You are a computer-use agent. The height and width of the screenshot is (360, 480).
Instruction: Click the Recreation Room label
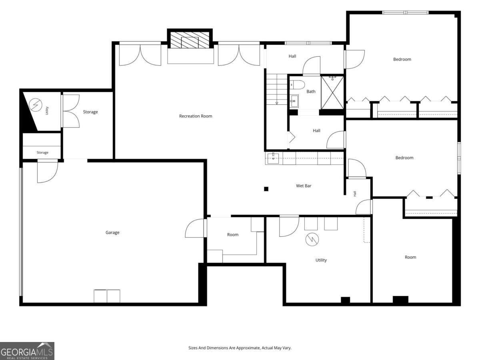(x=196, y=116)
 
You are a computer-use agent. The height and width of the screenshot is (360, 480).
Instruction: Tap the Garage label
(x=112, y=232)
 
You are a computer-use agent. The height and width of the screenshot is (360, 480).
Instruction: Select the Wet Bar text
(x=304, y=186)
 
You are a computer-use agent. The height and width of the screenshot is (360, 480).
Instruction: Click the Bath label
(x=311, y=91)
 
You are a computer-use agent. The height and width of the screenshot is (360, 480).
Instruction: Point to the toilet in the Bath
(x=297, y=84)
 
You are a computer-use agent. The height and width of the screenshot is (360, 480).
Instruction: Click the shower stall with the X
(x=332, y=92)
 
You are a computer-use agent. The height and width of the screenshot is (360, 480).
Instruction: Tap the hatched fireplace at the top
(x=190, y=40)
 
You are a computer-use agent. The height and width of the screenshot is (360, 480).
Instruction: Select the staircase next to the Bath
(x=277, y=89)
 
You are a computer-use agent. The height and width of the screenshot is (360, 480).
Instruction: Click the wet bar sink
(x=273, y=158)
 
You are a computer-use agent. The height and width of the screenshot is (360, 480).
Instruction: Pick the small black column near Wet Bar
(x=266, y=189)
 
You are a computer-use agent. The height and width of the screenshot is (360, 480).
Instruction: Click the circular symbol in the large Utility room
(x=312, y=239)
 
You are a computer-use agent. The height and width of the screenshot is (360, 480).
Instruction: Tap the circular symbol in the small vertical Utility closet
(x=36, y=105)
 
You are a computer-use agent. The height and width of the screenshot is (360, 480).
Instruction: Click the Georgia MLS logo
(x=27, y=351)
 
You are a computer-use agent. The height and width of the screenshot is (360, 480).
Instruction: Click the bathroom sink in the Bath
(x=294, y=101)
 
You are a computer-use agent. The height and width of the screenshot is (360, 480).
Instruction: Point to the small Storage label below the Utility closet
(x=42, y=152)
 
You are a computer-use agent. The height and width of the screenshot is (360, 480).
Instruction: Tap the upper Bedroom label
(x=402, y=59)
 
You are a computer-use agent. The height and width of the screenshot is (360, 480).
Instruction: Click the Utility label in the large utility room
(x=321, y=260)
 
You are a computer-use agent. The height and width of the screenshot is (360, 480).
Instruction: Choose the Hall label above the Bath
(x=292, y=56)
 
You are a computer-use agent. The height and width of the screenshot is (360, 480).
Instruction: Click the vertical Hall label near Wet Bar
(x=355, y=194)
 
